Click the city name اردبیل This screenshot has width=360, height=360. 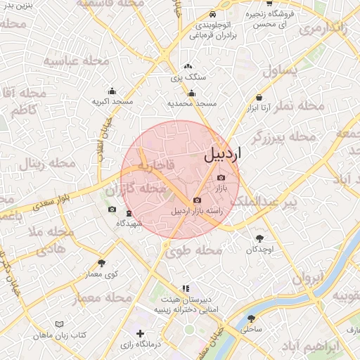point(221,155)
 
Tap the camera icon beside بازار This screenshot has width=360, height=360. point(222,178)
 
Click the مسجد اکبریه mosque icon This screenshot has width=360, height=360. point(112,91)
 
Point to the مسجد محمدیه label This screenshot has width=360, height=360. point(191,103)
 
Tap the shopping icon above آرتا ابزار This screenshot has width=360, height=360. point(259,98)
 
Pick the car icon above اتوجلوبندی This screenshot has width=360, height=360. point(212,14)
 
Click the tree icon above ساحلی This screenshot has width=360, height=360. point(252,318)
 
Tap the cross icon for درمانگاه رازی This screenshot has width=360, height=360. point(141,333)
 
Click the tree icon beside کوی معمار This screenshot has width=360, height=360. point(101,262)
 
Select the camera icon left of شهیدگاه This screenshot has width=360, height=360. point(112,210)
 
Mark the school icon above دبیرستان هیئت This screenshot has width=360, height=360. point(185,288)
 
